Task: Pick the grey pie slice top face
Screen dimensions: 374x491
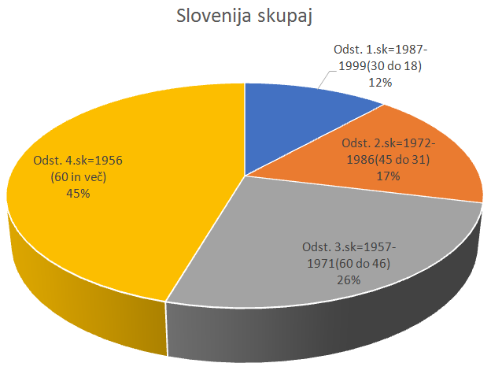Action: pos(260,236)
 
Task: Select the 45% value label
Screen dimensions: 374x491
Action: pos(78,191)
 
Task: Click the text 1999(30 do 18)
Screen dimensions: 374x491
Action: pos(380,65)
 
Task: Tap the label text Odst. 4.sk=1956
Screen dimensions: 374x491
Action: pos(78,161)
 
